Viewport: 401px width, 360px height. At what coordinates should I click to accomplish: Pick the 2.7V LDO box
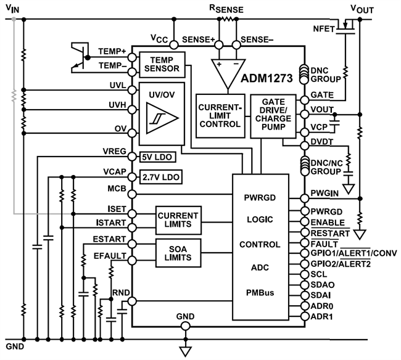162,177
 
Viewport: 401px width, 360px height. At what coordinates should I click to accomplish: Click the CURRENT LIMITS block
178,220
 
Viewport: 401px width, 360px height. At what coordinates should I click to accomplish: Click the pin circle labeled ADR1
303,316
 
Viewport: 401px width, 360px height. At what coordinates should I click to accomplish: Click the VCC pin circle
175,44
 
